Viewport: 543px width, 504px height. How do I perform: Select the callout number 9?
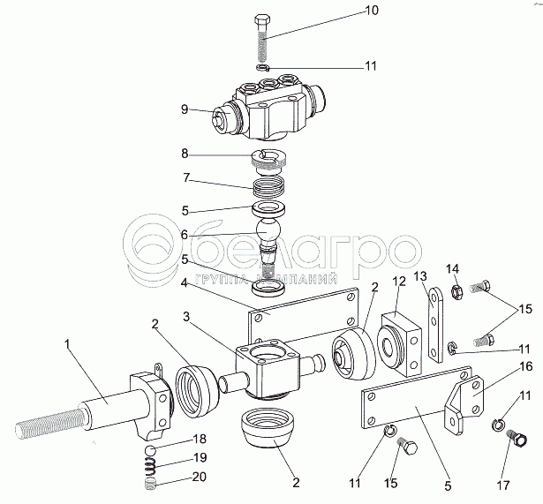(185, 109)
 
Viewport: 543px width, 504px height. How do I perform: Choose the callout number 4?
(185, 284)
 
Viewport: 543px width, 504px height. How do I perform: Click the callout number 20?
(199, 478)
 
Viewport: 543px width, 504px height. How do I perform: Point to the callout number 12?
(398, 281)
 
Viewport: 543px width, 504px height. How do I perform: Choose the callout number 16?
(524, 365)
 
